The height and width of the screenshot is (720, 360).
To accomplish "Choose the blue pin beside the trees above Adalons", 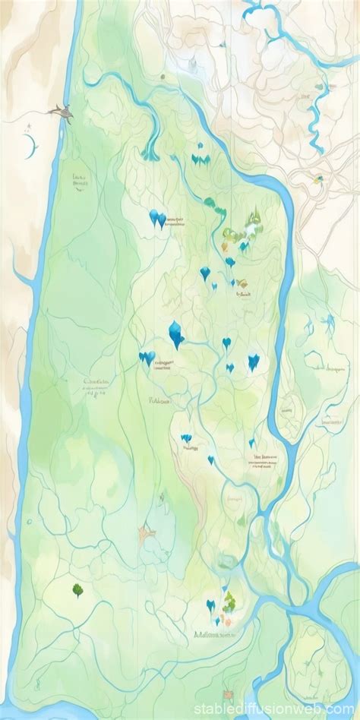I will point(210,605).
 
